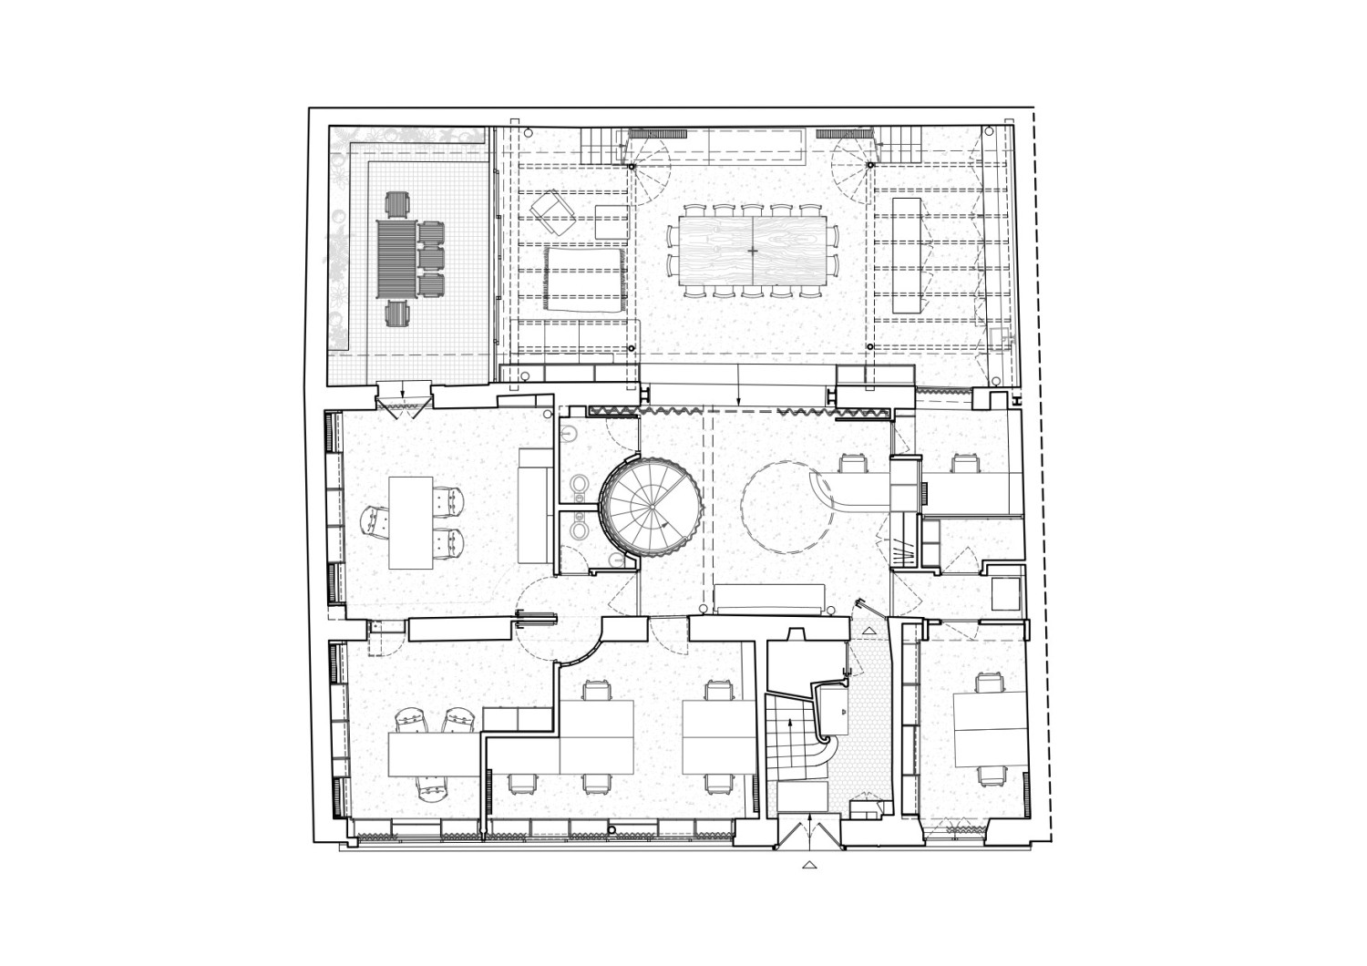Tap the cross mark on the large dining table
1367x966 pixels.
coord(753,250)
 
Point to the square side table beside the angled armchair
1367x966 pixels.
coord(612,221)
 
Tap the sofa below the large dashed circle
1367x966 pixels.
coord(770,599)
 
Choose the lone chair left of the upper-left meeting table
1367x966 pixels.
coord(375,522)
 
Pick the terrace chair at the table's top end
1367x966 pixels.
coord(399,204)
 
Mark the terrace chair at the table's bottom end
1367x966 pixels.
coord(398,314)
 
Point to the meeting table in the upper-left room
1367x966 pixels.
coord(410,522)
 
